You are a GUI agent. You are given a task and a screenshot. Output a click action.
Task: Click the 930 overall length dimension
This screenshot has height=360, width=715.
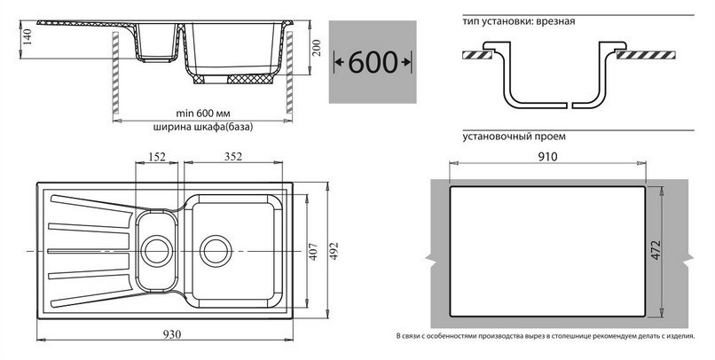[172, 334]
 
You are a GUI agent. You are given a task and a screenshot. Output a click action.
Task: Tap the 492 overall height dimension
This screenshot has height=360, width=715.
[334, 250]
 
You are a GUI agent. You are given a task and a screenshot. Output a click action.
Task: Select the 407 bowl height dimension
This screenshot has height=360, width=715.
[314, 251]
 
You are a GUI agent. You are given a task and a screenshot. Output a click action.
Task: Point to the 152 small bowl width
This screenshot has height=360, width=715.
[157, 157]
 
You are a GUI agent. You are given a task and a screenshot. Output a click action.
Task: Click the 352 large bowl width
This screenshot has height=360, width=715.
[233, 157]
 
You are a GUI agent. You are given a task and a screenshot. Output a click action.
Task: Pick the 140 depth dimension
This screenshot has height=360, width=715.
[27, 37]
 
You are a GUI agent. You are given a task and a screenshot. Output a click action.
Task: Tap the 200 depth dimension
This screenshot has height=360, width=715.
[317, 47]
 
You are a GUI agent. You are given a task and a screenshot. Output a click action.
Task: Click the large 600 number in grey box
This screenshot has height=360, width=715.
[373, 61]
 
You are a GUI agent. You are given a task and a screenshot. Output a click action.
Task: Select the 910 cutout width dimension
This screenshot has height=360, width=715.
[547, 157]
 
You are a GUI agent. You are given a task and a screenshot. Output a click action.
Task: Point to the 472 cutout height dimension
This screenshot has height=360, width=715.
[656, 250]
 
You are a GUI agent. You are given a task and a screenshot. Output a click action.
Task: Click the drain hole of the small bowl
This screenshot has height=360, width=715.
[157, 251]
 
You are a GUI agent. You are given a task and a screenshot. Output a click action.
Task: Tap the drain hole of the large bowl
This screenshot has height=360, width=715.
[216, 251]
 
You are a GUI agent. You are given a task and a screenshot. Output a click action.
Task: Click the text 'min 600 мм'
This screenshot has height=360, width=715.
[202, 113]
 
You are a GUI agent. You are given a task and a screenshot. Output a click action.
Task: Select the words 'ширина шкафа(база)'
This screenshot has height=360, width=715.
[203, 128]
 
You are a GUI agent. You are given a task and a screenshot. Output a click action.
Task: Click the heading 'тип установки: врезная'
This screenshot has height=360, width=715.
[518, 21]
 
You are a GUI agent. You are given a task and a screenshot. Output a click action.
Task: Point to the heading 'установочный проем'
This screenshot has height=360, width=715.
[514, 137]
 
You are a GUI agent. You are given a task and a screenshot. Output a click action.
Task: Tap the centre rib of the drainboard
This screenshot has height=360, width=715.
[89, 251]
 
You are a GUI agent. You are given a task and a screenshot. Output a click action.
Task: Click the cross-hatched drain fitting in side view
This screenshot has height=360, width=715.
[250, 79]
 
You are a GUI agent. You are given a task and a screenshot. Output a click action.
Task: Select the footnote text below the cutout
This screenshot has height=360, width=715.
[546, 336]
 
